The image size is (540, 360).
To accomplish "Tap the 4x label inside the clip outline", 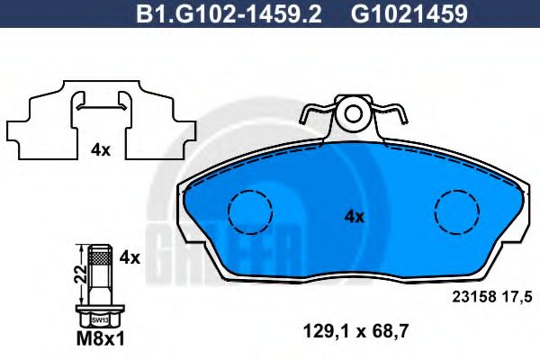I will pos(100,150).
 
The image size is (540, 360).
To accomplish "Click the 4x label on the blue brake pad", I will pos(354,216).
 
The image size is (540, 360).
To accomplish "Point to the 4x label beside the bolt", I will pos(130,257).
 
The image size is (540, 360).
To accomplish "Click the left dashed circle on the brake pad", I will pos(249,212).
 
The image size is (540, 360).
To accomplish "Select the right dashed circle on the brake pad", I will pos(457,212).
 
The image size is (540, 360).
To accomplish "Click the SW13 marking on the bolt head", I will pos(98,320).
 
